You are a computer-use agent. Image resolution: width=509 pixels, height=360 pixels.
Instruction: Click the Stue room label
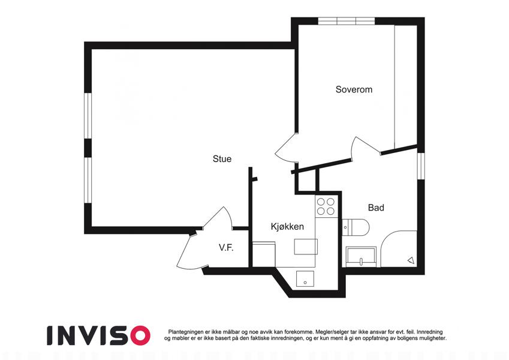point(222,159)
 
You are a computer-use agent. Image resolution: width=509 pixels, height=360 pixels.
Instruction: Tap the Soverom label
point(354,89)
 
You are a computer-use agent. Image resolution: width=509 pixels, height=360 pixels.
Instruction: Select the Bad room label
point(376,207)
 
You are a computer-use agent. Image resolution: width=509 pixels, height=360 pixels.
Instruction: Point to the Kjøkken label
point(287,226)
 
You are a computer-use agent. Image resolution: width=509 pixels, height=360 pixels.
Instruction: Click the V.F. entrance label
point(226,248)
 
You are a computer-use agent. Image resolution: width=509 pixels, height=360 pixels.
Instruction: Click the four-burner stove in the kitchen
point(326,206)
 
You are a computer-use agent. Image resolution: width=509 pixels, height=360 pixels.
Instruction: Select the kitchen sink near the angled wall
point(305,279)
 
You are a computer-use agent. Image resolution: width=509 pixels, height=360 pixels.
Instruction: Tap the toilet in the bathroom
point(356,227)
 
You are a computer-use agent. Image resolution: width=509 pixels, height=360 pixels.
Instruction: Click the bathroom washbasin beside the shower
point(361,257)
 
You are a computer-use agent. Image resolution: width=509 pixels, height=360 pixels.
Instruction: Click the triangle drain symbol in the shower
point(411,260)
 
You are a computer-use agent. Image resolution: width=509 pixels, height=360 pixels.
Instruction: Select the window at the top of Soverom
point(347,21)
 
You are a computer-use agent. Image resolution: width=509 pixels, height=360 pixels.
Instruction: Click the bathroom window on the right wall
point(421,166)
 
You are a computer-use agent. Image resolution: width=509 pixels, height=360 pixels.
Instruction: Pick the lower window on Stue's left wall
point(88,181)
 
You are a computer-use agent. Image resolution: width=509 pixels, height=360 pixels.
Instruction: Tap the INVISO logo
point(99,335)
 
